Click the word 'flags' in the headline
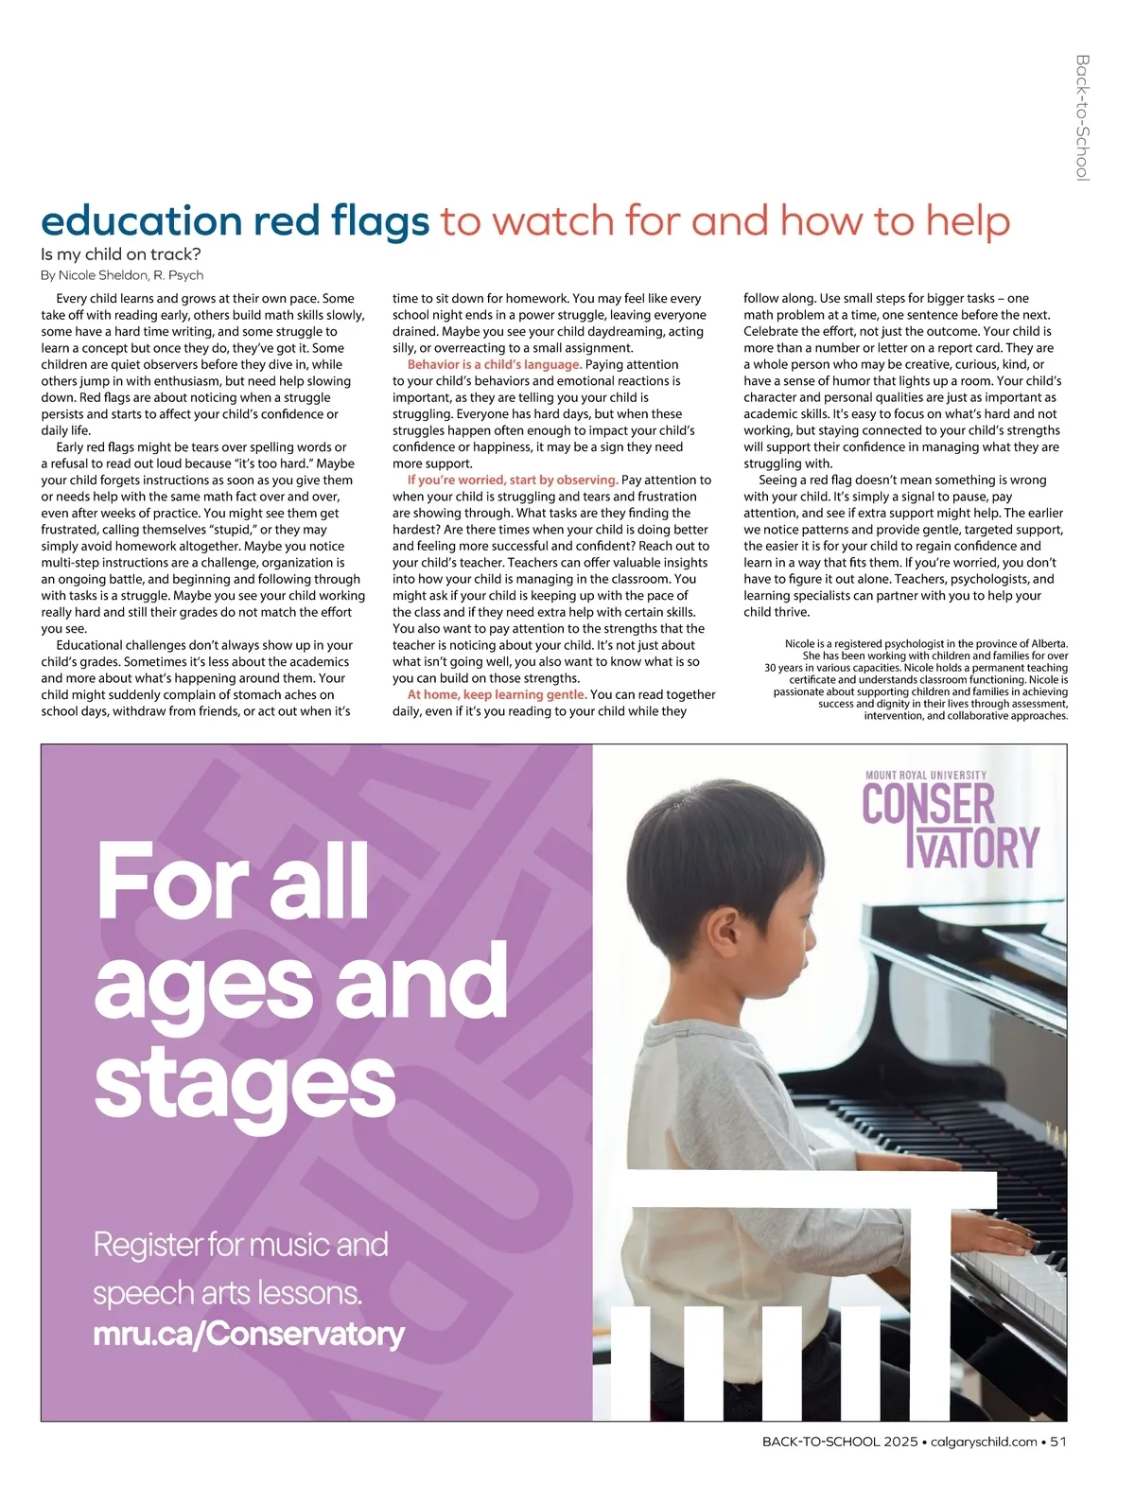[379, 222]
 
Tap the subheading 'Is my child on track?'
[121, 254]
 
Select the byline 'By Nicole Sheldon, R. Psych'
[122, 275]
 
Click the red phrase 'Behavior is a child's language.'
[495, 364]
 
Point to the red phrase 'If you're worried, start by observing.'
[513, 480]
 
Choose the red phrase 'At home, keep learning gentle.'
[498, 694]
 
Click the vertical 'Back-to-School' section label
[1083, 117]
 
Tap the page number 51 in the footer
[1058, 1442]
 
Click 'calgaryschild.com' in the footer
[984, 1442]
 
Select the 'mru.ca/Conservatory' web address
[249, 1334]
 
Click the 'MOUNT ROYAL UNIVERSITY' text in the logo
[926, 775]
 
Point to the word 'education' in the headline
[141, 222]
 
